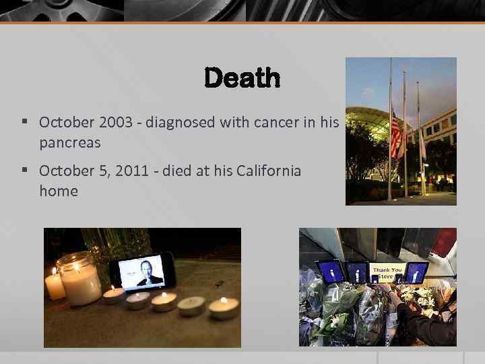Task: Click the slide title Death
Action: (242, 78)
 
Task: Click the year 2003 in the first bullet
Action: (114, 122)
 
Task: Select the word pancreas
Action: (69, 143)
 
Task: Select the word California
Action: (269, 171)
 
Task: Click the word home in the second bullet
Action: (58, 191)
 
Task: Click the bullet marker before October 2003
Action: (24, 122)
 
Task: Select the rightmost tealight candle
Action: (224, 308)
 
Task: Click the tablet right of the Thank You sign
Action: (417, 273)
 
